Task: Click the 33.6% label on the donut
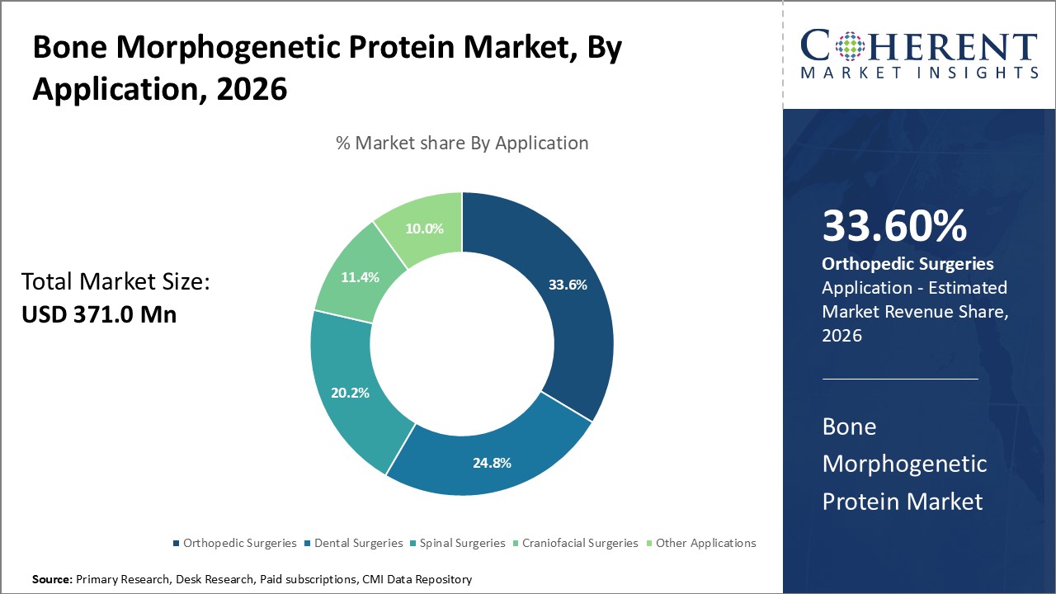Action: [x=568, y=285]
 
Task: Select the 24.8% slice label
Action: [x=492, y=463]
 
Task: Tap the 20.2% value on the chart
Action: [x=349, y=393]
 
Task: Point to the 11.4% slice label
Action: [x=360, y=277]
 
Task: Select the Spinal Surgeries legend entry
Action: [x=457, y=543]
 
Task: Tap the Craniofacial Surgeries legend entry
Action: [x=574, y=543]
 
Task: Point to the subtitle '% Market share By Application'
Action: [x=462, y=143]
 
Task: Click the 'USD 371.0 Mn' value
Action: [x=99, y=314]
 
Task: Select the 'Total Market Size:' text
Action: [x=115, y=282]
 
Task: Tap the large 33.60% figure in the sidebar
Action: [x=894, y=226]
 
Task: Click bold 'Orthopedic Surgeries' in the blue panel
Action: [x=907, y=264]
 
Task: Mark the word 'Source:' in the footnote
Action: [x=52, y=580]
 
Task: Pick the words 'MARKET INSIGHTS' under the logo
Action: [x=918, y=73]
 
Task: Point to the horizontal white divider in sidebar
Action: [x=900, y=379]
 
